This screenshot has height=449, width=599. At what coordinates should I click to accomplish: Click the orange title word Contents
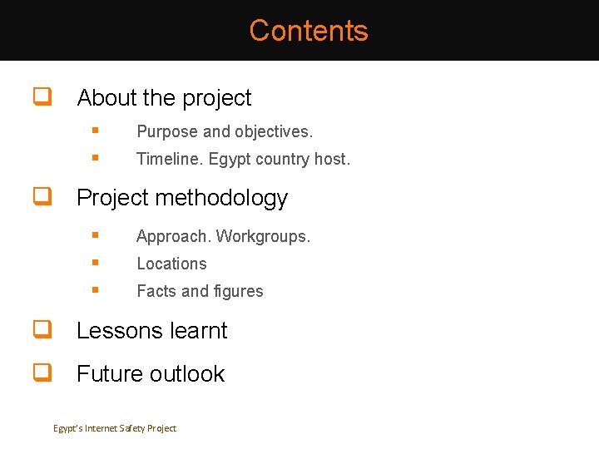click(308, 31)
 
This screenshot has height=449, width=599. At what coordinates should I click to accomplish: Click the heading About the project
click(164, 98)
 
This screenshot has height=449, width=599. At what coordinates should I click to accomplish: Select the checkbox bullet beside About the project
click(39, 97)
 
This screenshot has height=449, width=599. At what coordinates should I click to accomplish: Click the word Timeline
click(170, 159)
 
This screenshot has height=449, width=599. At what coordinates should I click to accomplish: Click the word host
click(332, 159)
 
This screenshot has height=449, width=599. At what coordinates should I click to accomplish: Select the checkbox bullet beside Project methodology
click(39, 197)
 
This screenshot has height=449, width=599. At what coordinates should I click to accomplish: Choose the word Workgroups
click(263, 236)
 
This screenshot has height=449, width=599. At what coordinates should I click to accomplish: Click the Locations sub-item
click(171, 264)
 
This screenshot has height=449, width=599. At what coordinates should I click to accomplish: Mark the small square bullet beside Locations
click(97, 263)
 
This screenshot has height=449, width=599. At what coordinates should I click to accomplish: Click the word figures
click(238, 291)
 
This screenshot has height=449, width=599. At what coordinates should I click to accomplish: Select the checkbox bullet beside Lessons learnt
click(39, 329)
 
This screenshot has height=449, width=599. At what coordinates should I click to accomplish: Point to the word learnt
click(199, 330)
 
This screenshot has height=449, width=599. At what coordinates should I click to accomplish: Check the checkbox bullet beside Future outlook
click(39, 373)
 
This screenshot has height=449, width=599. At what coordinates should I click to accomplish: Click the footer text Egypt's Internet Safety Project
click(115, 428)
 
